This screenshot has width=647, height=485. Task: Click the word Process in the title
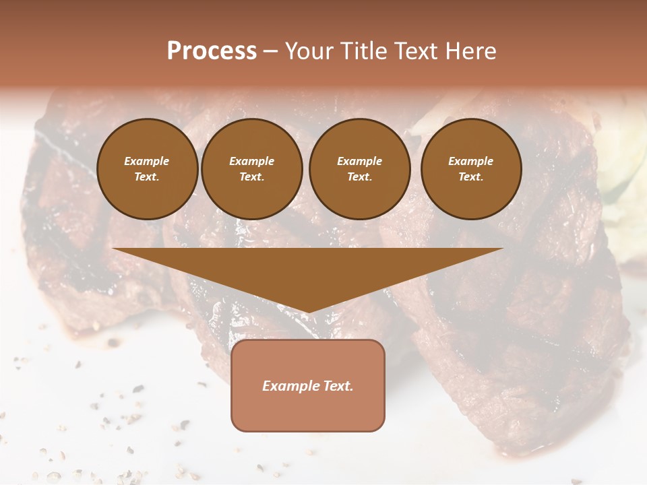pos(212,51)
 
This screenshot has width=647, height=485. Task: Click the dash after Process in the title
pos(271,52)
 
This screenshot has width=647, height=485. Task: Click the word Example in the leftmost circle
pos(147,161)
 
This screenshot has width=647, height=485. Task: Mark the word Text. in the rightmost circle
pos(471,176)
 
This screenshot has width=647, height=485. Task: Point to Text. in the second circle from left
pos(252,176)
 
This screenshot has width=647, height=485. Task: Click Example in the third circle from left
pos(360,161)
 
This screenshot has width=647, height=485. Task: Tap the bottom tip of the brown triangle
pos(308,312)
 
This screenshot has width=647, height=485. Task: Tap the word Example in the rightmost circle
pos(471,161)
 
